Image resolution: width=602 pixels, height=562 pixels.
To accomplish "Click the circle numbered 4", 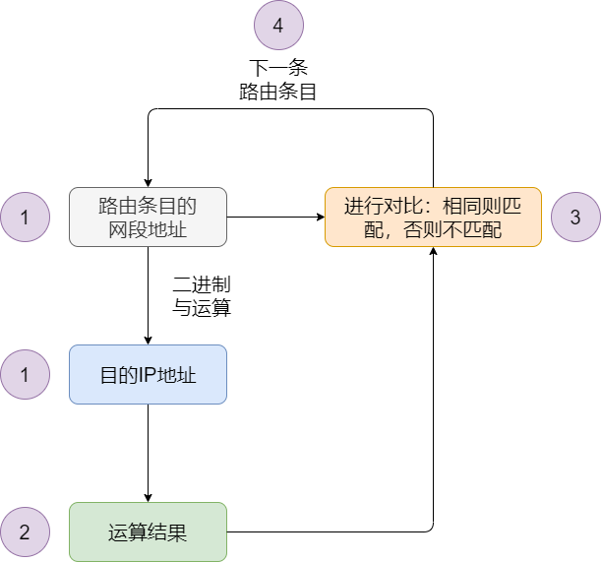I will tap(278, 27).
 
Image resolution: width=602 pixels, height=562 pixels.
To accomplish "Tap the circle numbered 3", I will tap(575, 218).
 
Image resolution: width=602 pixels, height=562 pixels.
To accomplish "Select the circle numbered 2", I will tap(25, 532).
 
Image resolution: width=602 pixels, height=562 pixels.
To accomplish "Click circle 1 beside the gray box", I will tap(25, 218).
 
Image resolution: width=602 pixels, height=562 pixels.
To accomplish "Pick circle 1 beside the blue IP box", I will tap(25, 375).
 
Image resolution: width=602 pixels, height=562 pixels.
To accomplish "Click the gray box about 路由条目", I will tap(148, 217).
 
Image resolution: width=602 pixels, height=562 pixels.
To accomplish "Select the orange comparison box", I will tap(433, 217).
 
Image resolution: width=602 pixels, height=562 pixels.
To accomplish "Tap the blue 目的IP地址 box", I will tap(148, 374).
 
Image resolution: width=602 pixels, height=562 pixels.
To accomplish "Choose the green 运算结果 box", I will tap(148, 532).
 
